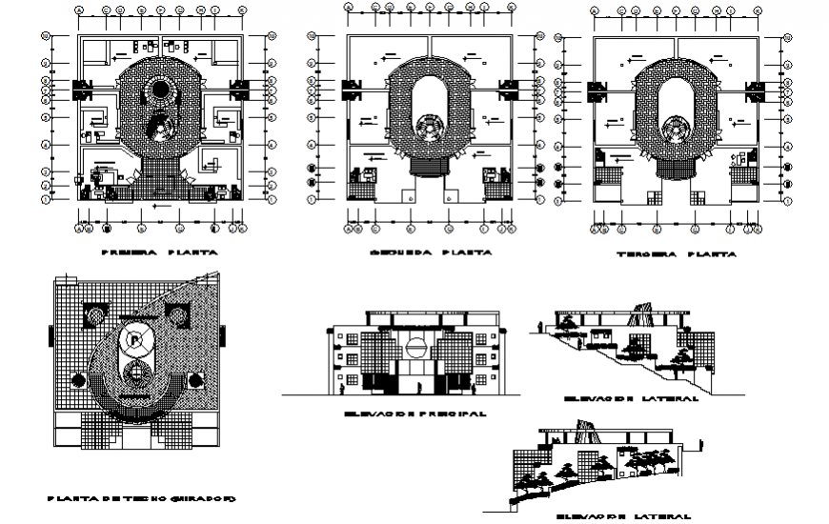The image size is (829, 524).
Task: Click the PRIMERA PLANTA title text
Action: click(x=159, y=254)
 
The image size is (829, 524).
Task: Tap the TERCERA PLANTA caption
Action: click(x=676, y=255)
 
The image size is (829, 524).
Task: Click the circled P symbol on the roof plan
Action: click(x=135, y=337)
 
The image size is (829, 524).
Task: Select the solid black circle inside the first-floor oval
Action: click(x=157, y=93)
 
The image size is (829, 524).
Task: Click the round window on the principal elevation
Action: click(x=414, y=344)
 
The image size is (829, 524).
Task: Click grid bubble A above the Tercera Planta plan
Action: click(x=594, y=12)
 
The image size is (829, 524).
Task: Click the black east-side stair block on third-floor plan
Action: click(x=757, y=91)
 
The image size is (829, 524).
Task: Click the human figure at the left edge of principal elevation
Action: click(x=341, y=385)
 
